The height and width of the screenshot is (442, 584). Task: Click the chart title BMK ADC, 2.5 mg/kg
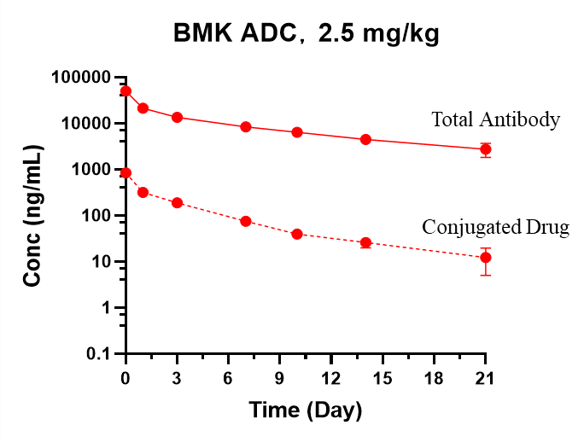tap(307, 33)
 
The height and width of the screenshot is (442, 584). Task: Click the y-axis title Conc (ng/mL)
tap(32, 214)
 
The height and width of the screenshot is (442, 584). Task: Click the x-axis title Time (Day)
tap(306, 410)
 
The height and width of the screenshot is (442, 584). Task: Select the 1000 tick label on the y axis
tap(90, 170)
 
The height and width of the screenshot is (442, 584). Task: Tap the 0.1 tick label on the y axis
tap(99, 354)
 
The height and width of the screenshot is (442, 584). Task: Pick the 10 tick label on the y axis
tap(101, 262)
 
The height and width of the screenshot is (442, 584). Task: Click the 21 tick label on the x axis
tap(486, 377)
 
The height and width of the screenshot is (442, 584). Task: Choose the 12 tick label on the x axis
tap(331, 377)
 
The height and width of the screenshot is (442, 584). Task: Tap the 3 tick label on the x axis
tap(178, 377)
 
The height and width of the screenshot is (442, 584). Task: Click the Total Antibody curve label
tap(487, 119)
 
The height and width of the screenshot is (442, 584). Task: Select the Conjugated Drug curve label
tap(482, 227)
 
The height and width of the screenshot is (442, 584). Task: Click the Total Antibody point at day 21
tap(486, 149)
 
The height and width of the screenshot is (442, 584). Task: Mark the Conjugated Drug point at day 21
tap(486, 258)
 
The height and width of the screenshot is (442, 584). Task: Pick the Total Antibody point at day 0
tap(126, 91)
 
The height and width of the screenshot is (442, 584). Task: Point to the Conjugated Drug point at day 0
tap(126, 173)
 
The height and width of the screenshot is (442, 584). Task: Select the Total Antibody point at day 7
tap(246, 127)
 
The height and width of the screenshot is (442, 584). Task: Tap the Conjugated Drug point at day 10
tap(297, 234)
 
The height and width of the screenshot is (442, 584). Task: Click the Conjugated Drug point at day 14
tap(365, 243)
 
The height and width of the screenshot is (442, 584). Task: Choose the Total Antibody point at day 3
tap(178, 117)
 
